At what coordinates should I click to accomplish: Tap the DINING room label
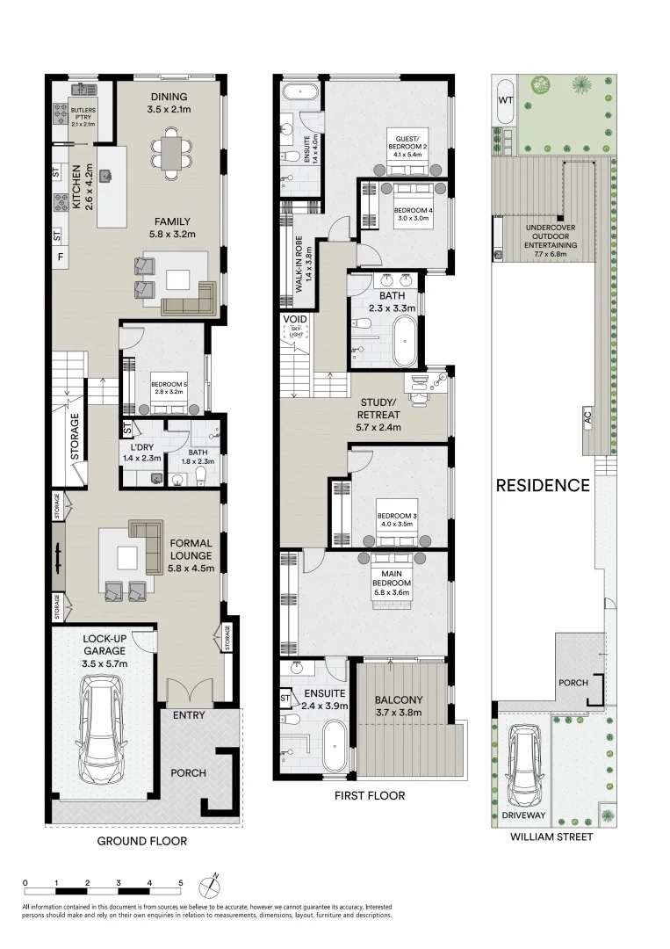coord(169,97)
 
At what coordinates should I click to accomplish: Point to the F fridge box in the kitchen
coord(60,257)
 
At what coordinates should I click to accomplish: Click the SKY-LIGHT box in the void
coord(296,331)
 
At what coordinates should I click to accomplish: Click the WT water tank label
coord(506,100)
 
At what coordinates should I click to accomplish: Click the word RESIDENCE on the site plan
coord(543,485)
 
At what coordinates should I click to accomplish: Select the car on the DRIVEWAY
coord(523,764)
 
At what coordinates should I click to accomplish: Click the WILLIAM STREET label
coord(551,837)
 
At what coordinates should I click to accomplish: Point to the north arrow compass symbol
coord(210,885)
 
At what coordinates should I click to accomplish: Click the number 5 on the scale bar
coord(181,883)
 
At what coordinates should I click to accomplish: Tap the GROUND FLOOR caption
coord(142,841)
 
